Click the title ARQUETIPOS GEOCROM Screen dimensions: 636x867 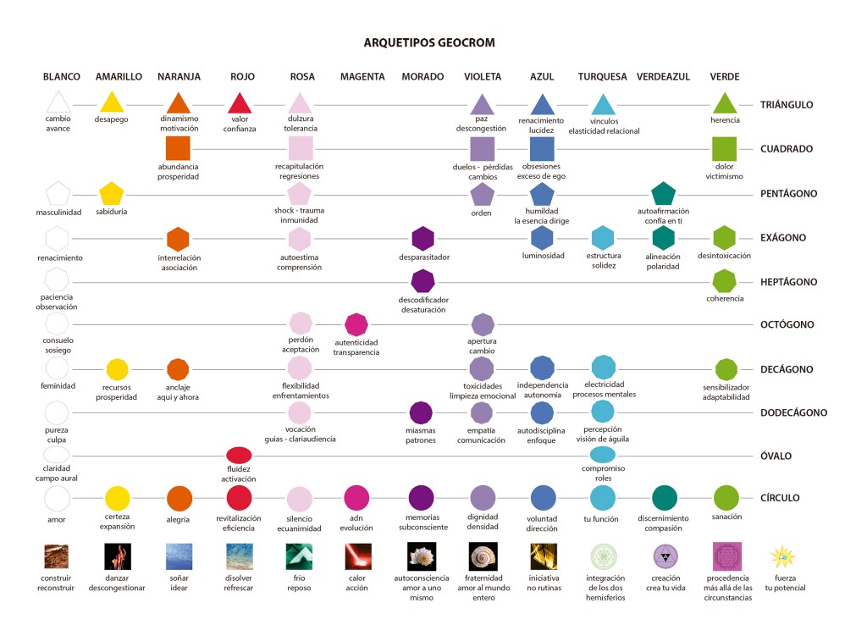pyautogui.click(x=428, y=42)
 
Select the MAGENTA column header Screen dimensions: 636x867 pyautogui.click(x=362, y=76)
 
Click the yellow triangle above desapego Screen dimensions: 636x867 pyautogui.click(x=111, y=103)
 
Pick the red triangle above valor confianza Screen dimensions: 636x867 pyautogui.click(x=240, y=103)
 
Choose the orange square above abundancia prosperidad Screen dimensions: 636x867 pyautogui.click(x=178, y=148)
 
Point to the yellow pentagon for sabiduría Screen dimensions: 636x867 pyautogui.click(x=111, y=193)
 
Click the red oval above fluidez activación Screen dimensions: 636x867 pyautogui.click(x=239, y=455)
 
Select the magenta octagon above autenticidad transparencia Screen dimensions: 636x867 pyautogui.click(x=356, y=324)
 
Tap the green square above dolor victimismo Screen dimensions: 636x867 pyautogui.click(x=724, y=148)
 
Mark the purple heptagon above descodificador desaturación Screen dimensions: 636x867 pyautogui.click(x=422, y=280)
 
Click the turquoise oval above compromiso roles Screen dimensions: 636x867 pyautogui.click(x=602, y=455)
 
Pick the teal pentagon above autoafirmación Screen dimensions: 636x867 pyautogui.click(x=664, y=193)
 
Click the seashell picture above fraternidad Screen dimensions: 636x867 pyautogui.click(x=482, y=556)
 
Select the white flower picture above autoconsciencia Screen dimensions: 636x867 pyautogui.click(x=422, y=556)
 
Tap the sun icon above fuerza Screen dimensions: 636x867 pyautogui.click(x=783, y=557)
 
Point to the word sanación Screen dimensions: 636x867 pyautogui.click(x=726, y=517)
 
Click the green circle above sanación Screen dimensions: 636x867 pyautogui.click(x=726, y=497)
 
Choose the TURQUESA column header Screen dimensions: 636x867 pyautogui.click(x=602, y=76)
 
